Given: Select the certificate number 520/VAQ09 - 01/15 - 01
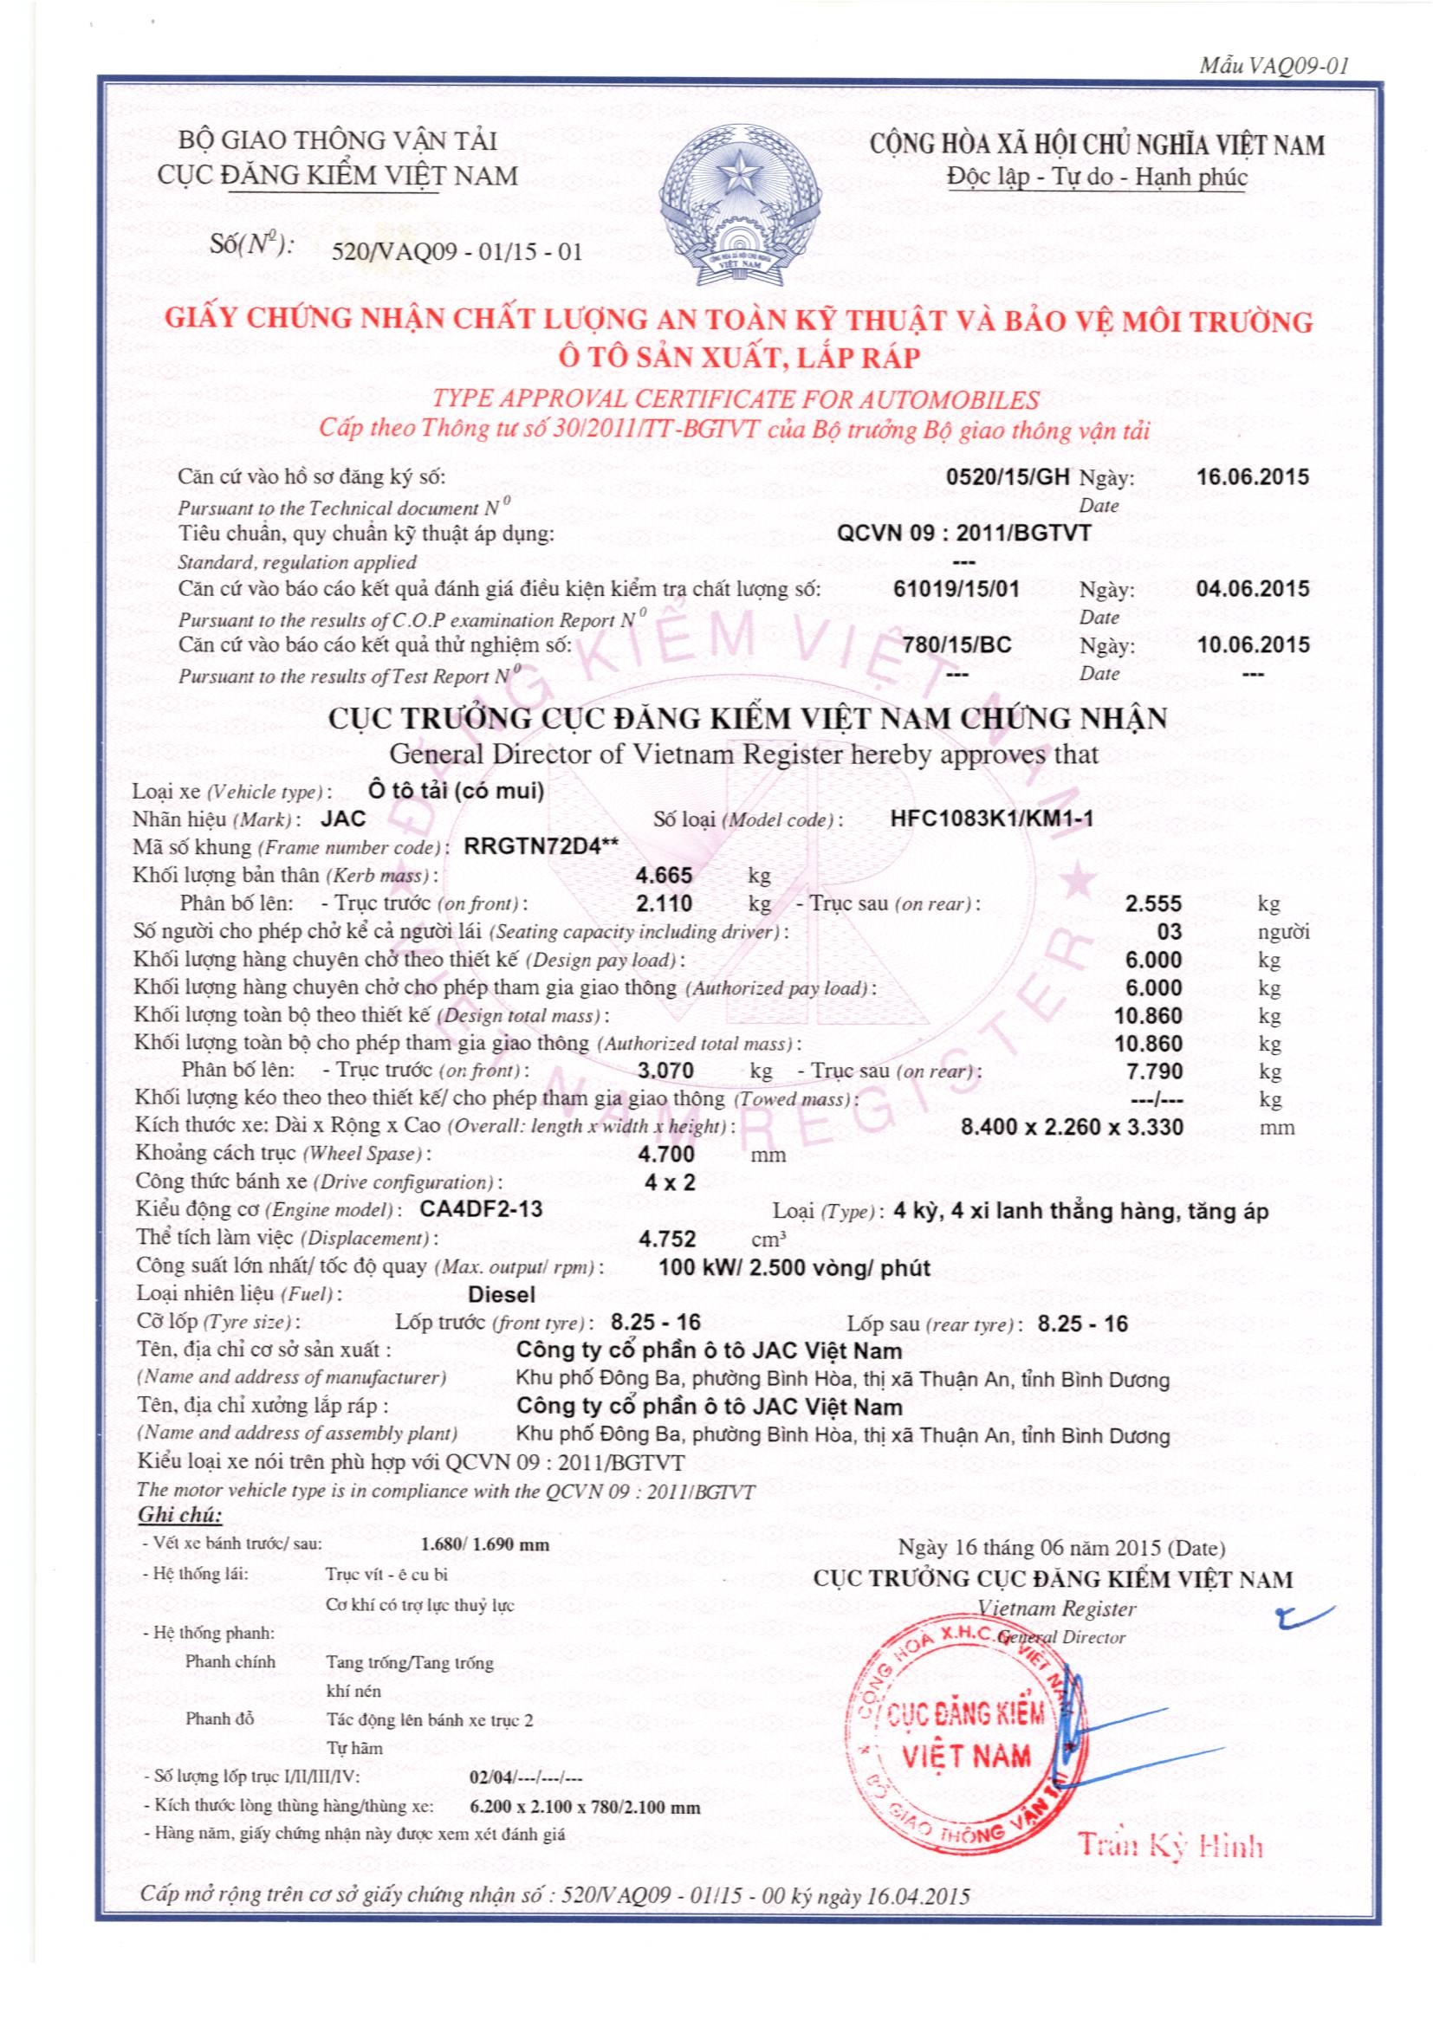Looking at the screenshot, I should click(456, 252).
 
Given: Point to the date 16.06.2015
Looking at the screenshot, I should click(1253, 477).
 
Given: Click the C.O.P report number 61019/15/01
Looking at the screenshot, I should click(956, 588).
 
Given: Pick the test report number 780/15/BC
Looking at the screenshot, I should click(956, 645).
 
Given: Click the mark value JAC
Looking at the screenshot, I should click(343, 818).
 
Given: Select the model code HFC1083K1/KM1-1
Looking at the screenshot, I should click(992, 818).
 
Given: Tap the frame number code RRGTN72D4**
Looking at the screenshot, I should click(541, 846).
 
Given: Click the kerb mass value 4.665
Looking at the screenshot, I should click(665, 876).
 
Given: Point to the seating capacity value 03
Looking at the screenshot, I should click(1168, 932).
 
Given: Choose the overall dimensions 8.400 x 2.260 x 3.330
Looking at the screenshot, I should click(1071, 1127).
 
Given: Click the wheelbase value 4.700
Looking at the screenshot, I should click(665, 1154).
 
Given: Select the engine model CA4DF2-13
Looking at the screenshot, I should click(483, 1210).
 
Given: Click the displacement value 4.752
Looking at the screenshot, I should click(667, 1238).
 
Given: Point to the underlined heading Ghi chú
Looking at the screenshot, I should click(180, 1516).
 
